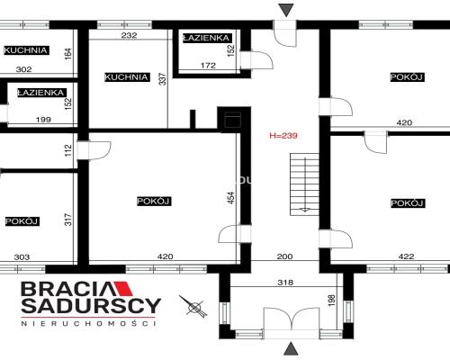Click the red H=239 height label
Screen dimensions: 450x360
283,136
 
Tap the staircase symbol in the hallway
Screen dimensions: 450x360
304,184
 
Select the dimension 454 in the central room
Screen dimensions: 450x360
231,198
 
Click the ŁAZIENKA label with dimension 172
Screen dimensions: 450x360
207,38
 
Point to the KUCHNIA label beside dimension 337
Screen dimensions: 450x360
126,77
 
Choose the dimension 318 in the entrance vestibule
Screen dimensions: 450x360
285,283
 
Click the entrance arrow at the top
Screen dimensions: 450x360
286,10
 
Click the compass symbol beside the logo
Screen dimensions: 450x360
193,305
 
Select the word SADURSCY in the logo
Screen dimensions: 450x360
91,306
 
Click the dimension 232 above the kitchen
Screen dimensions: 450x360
129,35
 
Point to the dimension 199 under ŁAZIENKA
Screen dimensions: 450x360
43,120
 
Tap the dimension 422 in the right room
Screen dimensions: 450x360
406,256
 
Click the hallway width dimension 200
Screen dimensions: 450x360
284,256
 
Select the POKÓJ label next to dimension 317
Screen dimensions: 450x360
22,221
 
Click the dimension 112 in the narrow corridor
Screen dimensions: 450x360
68,150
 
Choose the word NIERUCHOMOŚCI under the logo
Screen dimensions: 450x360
88,323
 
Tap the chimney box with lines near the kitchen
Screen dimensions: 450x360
233,119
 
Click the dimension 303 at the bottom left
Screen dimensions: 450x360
22,257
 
